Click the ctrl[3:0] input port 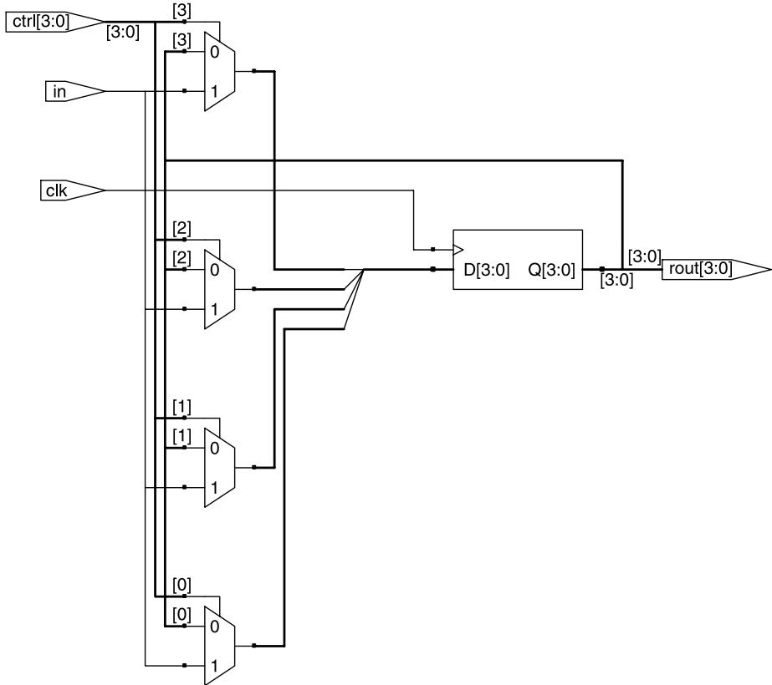tap(54, 22)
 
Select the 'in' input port tap(74, 91)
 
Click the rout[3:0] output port tap(716, 270)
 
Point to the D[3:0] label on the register tap(487, 270)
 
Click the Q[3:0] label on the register tap(551, 270)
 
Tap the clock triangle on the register tap(458, 250)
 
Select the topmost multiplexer tap(220, 72)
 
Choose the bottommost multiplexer tap(220, 645)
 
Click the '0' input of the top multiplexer tap(214, 52)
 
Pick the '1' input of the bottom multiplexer tap(214, 666)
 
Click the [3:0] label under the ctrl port tap(123, 33)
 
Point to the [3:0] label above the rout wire tap(645, 256)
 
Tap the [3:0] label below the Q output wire tap(616, 281)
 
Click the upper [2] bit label tap(181, 229)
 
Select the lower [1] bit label tap(181, 436)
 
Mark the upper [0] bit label tap(181, 586)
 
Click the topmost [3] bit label tap(181, 11)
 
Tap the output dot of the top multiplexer tap(254, 71)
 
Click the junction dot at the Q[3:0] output tap(601, 270)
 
